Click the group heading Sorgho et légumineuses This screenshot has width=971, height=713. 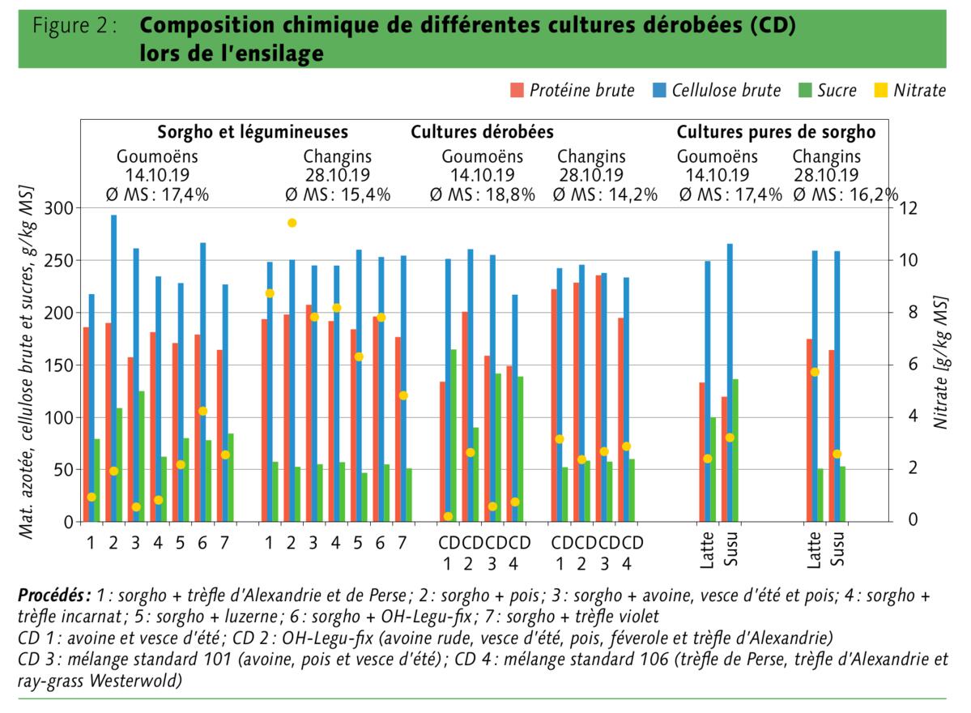(253, 132)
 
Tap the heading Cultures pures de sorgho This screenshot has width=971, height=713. (776, 132)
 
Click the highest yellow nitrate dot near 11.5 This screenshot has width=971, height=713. (292, 223)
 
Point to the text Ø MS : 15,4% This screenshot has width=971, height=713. (338, 194)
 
